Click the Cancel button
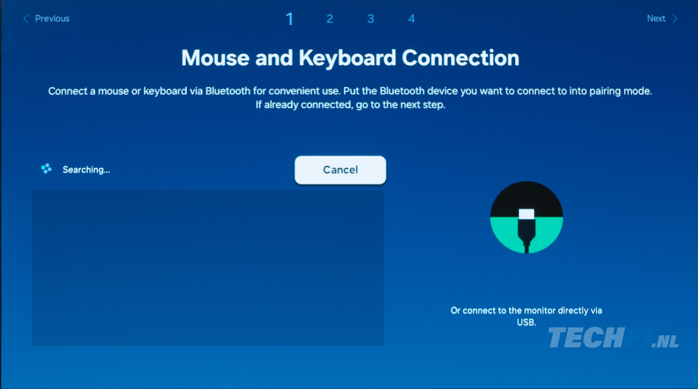[x=340, y=170]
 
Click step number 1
[x=289, y=19]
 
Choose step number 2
[x=329, y=19]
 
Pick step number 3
[x=370, y=19]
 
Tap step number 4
[x=412, y=19]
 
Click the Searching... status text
[x=86, y=170]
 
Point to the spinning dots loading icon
[x=46, y=169]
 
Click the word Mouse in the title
[x=215, y=58]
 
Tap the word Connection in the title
[x=461, y=58]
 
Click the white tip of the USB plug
[x=527, y=214]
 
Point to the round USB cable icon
[x=527, y=217]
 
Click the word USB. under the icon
[x=526, y=322]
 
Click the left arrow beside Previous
[x=26, y=19]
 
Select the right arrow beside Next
[x=675, y=19]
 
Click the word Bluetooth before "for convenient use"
[x=227, y=91]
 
